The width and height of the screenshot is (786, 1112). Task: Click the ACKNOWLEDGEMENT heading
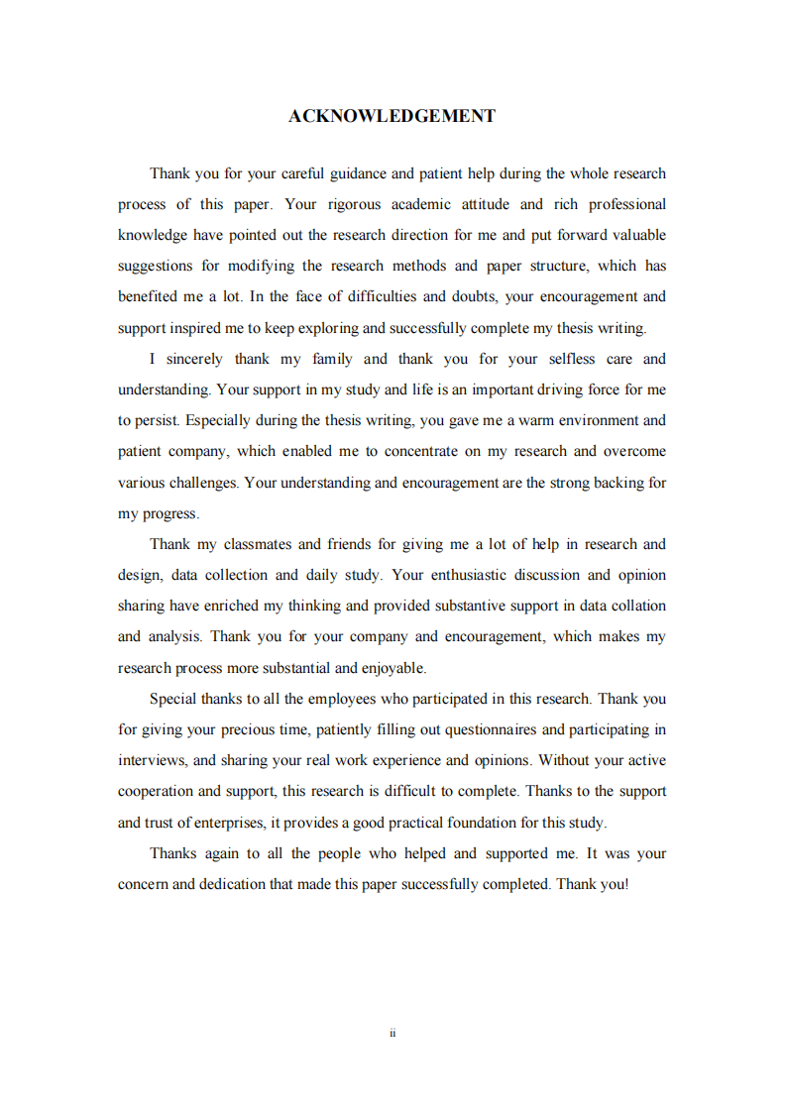(392, 116)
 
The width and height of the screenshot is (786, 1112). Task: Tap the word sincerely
(194, 359)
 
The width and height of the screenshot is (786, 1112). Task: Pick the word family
(332, 359)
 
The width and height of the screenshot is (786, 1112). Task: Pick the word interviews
(152, 760)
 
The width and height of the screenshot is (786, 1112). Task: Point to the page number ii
(393, 1033)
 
